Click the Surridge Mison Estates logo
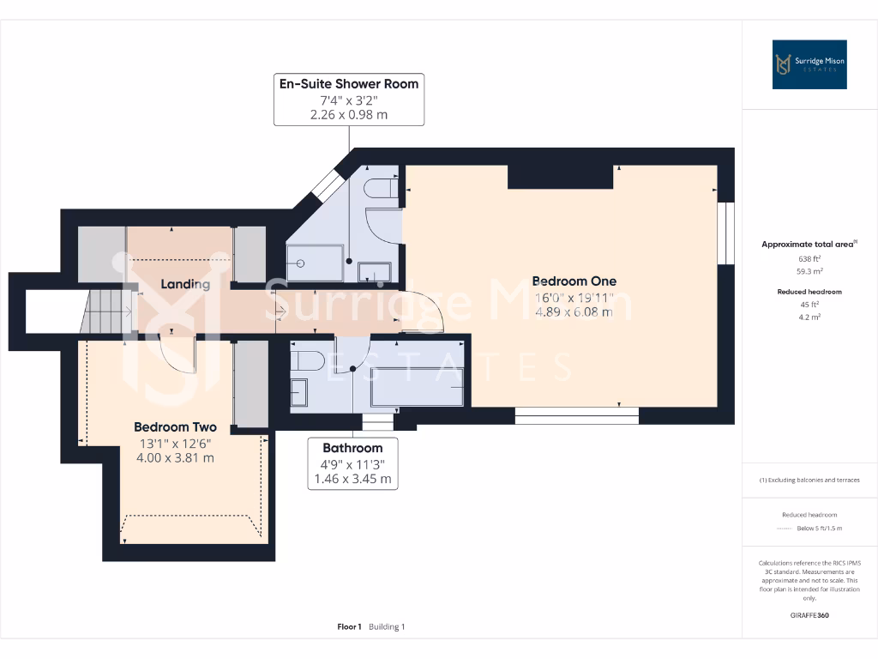809,64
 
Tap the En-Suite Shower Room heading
349,83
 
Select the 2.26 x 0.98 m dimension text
349,114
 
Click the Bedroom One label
574,281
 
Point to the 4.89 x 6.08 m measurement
574,311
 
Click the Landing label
185,284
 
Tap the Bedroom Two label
175,426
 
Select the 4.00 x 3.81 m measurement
175,457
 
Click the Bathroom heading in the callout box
352,448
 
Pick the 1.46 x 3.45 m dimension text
352,479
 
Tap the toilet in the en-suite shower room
378,188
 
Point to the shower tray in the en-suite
315,263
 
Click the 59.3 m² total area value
809,270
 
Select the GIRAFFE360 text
809,615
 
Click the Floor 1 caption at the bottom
350,626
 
